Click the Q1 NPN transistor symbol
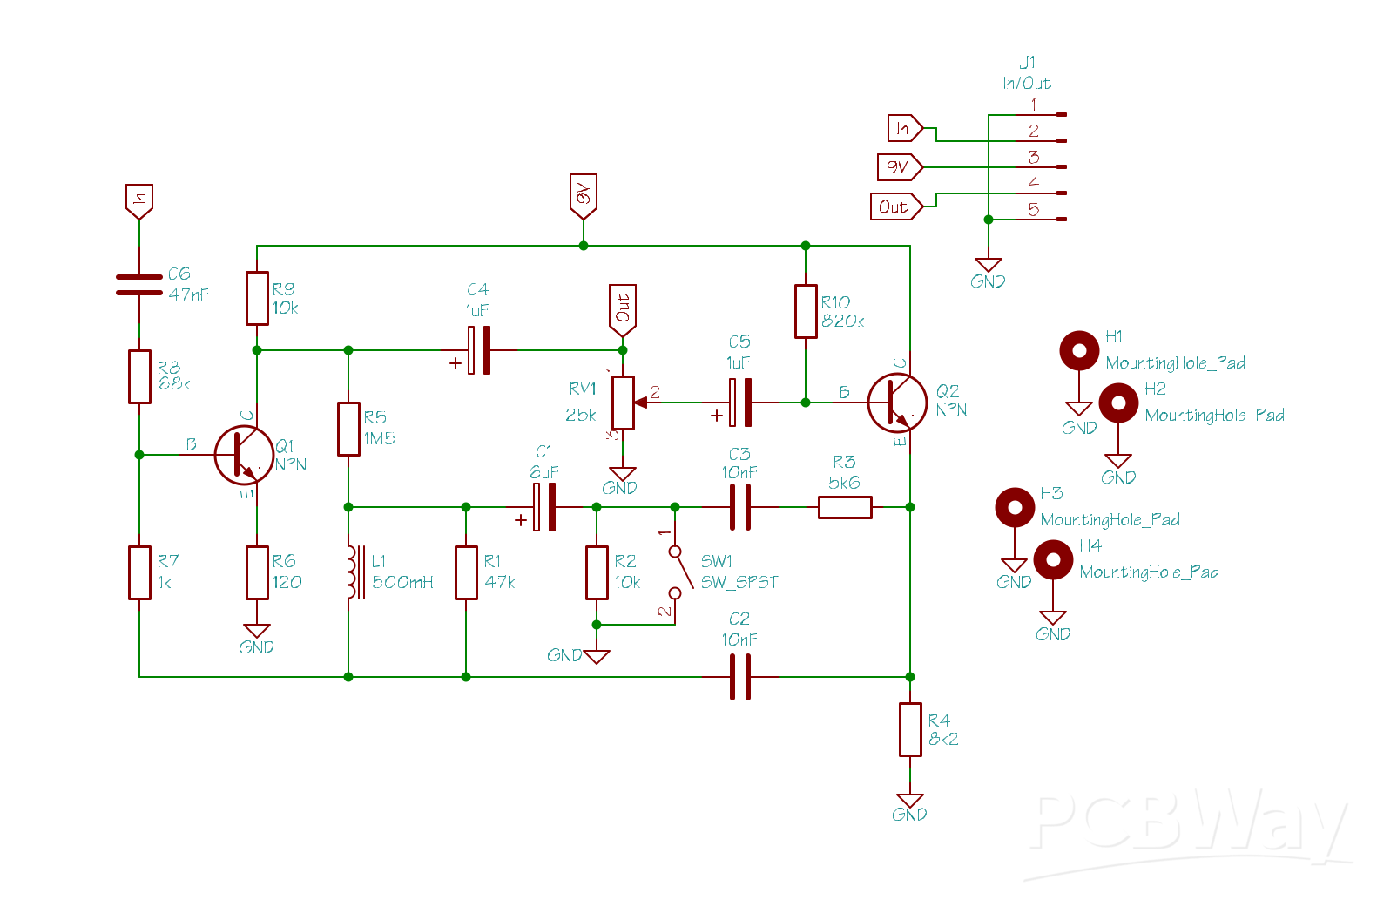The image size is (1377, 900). tap(243, 455)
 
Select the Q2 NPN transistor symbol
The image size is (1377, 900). tap(896, 403)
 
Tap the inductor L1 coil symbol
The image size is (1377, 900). tap(352, 572)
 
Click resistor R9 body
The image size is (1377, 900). tap(257, 298)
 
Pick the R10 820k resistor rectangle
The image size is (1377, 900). tap(806, 311)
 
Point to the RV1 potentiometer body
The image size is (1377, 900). tap(623, 403)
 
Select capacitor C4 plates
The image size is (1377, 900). tap(479, 350)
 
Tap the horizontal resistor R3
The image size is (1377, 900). tap(845, 507)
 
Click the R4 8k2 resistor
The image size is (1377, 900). tap(910, 729)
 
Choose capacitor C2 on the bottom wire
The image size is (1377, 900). tap(740, 677)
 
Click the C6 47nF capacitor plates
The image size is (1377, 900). tap(139, 285)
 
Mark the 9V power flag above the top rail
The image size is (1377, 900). tap(584, 195)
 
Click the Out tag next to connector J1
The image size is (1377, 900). tap(895, 206)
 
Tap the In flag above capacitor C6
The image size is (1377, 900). tap(139, 200)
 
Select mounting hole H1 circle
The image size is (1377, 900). tap(1079, 350)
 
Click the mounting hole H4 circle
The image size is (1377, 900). tap(1053, 559)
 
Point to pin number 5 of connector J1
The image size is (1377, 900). tap(1034, 210)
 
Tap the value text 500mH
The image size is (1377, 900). tap(402, 582)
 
